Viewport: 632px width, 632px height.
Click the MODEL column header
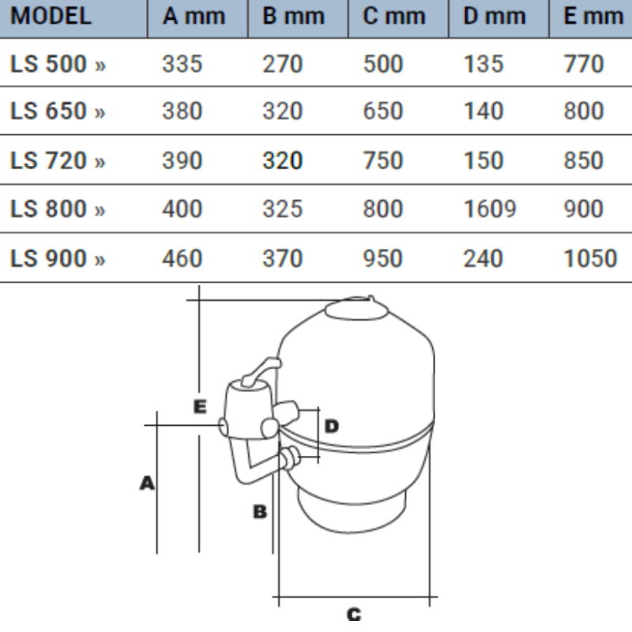51,17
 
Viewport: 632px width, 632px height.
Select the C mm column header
393,17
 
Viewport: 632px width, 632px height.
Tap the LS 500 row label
58,64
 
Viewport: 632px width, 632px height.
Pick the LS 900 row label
58,258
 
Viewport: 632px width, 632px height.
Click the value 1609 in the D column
490,209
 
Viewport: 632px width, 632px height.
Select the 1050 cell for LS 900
590,258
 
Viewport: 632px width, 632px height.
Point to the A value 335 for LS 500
182,64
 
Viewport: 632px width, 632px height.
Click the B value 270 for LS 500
282,64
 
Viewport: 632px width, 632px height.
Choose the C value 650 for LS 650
382,111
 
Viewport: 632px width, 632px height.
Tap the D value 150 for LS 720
483,160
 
